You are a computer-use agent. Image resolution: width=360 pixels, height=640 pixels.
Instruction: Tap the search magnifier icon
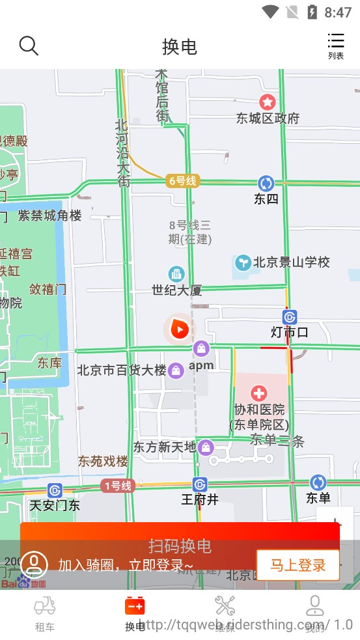[x=29, y=46]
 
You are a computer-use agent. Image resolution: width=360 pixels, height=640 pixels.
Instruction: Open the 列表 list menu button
[x=336, y=46]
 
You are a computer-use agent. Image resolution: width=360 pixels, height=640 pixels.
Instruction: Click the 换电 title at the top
[x=180, y=47]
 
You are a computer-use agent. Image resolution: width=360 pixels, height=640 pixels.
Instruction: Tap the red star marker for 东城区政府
[x=268, y=102]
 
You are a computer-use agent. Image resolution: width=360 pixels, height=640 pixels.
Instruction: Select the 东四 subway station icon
[x=266, y=183]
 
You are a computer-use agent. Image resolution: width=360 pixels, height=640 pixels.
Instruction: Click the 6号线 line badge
[x=182, y=181]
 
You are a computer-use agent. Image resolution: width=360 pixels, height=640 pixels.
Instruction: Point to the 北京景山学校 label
[x=291, y=262]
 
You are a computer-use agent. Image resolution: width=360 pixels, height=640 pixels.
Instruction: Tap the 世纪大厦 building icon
[x=176, y=274]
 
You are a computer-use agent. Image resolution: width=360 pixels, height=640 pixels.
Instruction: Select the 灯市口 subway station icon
[x=290, y=317]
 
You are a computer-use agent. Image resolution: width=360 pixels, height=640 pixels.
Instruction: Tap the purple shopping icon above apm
[x=201, y=349]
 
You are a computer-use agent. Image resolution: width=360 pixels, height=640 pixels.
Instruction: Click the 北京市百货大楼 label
[x=122, y=370]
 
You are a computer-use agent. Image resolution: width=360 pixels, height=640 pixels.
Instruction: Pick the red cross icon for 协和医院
[x=259, y=393]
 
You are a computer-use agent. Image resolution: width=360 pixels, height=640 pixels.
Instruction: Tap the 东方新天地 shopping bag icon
[x=206, y=447]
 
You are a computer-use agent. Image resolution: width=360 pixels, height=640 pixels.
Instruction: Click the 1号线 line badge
[x=118, y=486]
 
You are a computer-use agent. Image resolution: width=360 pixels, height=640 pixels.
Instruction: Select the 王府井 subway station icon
[x=200, y=484]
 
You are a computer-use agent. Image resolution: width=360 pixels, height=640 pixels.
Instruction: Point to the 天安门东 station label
[x=55, y=505]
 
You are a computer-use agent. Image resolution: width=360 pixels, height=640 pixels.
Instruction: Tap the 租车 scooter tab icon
[x=44, y=606]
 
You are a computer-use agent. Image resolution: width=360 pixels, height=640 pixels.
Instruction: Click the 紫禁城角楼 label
[x=49, y=216]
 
